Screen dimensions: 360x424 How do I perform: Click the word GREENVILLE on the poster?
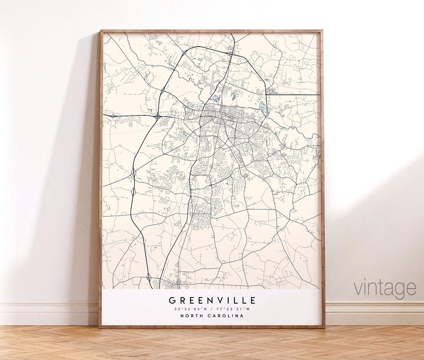tap(212, 301)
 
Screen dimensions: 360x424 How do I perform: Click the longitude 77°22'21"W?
tap(234, 309)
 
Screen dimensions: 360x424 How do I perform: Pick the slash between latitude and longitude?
tap(212, 309)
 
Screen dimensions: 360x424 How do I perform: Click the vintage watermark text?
tap(385, 288)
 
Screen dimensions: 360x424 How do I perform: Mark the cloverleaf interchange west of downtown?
tap(157, 116)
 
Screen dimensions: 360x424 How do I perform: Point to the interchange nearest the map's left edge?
tap(113, 116)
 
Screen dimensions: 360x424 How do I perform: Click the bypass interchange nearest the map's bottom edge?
tap(149, 278)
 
